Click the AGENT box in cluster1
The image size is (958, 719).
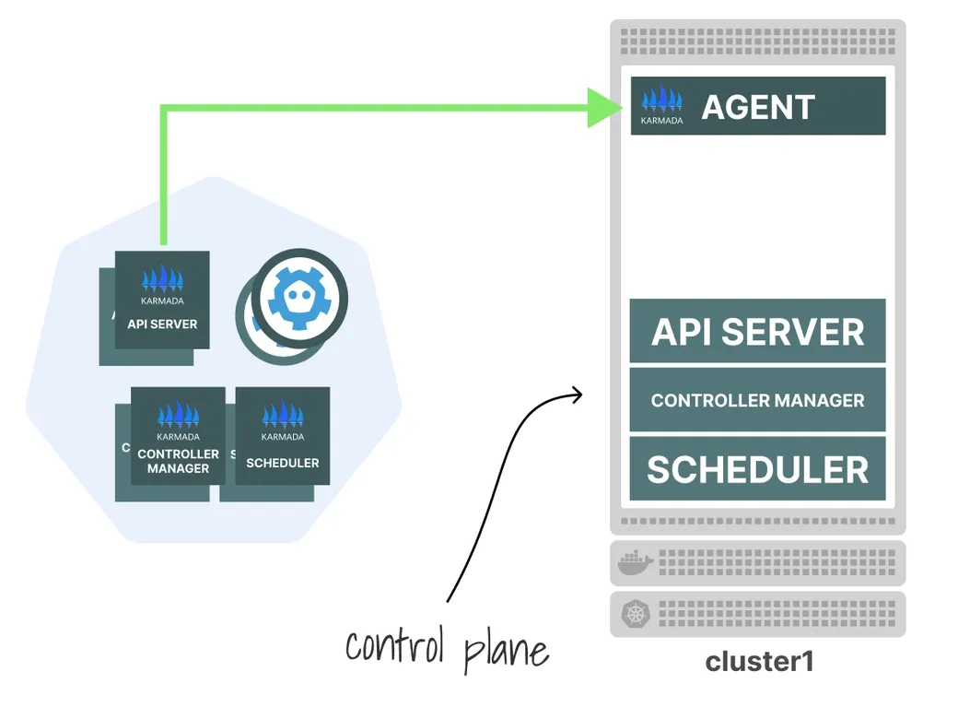757,106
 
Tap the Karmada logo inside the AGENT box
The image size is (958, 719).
661,104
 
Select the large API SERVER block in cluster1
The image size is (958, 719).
757,331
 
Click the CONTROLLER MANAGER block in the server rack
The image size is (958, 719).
757,400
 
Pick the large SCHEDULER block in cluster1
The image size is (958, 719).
757,469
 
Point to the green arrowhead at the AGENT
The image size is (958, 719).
604,108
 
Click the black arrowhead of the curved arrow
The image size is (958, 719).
578,395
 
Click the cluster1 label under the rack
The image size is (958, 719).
759,662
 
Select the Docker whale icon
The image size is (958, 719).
635,561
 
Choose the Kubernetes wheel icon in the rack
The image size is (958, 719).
635,613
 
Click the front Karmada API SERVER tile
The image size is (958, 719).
162,301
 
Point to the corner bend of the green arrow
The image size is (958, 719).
164,109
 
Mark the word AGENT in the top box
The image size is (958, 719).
758,108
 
